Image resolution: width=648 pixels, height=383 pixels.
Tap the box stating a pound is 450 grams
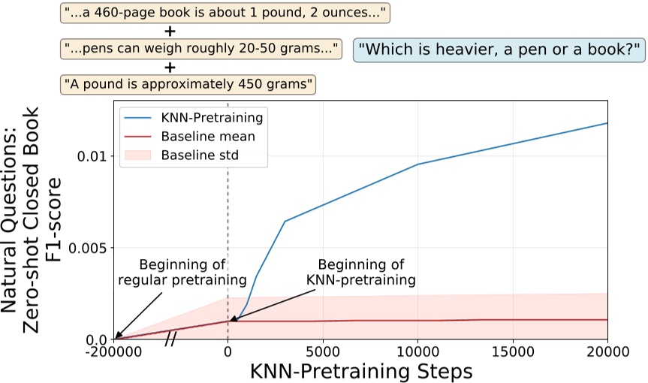[188, 83]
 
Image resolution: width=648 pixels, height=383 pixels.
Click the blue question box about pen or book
[499, 50]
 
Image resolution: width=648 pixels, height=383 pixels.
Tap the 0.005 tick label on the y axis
[84, 248]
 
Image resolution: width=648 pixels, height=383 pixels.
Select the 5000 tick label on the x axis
[322, 351]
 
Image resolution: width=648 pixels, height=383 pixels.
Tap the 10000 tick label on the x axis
[417, 351]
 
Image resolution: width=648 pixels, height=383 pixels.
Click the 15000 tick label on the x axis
[512, 351]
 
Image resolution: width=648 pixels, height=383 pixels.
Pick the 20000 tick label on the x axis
[607, 351]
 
